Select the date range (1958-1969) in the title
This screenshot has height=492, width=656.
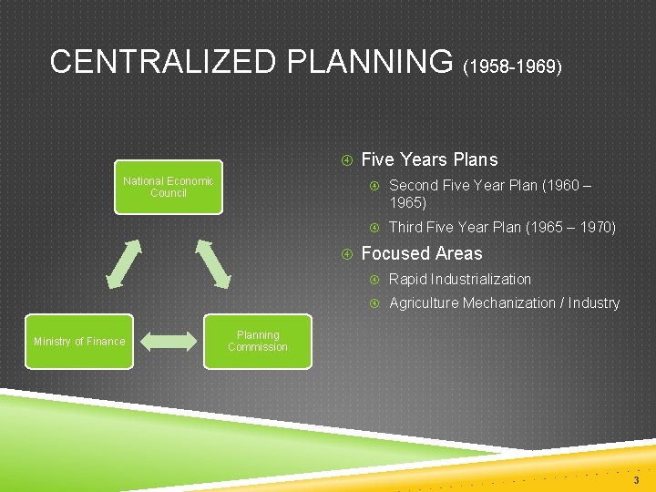point(513,67)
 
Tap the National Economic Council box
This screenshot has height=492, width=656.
point(169,187)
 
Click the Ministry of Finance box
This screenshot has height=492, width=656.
point(79,341)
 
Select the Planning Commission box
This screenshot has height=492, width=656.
point(258,341)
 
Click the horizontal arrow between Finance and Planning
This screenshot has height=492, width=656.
point(169,342)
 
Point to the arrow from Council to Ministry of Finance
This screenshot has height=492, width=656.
point(124,263)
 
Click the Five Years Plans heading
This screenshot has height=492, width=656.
point(429,159)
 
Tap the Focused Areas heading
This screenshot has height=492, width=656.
point(422,253)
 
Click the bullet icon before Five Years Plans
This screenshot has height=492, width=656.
point(346,160)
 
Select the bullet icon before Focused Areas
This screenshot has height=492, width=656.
point(346,254)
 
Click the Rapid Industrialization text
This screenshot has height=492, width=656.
point(459,279)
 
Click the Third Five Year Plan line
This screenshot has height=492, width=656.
point(502,227)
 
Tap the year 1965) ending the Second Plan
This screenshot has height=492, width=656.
point(407,202)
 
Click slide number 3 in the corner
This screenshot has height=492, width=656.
point(636,479)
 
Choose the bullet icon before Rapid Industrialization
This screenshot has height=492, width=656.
point(374,280)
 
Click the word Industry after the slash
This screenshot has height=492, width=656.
point(593,302)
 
